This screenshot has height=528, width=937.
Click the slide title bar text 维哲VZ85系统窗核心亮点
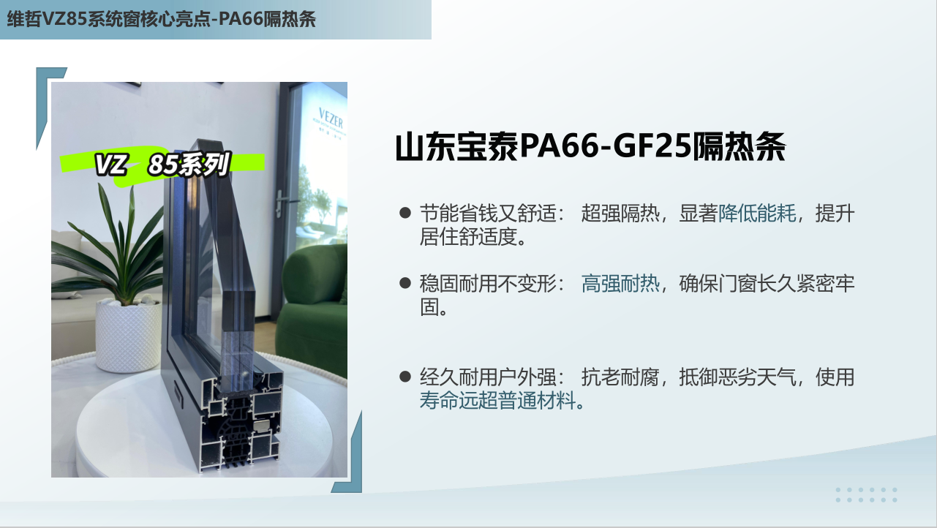109,19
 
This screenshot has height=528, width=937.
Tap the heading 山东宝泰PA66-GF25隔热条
590,147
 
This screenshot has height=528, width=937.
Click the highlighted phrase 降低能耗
757,214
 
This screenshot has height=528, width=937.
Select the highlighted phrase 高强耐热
620,284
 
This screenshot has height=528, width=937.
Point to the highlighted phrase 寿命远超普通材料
498,401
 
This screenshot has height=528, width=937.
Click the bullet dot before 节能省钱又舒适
405,213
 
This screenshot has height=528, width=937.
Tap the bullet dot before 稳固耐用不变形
405,283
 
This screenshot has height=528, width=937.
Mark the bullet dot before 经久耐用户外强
405,377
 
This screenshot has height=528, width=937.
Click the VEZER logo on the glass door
331,118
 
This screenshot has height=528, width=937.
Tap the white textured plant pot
128,336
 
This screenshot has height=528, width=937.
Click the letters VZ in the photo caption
110,165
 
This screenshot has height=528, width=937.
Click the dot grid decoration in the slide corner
866,494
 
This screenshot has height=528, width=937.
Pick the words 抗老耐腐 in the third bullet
620,377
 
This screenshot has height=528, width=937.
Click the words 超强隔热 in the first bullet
620,214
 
